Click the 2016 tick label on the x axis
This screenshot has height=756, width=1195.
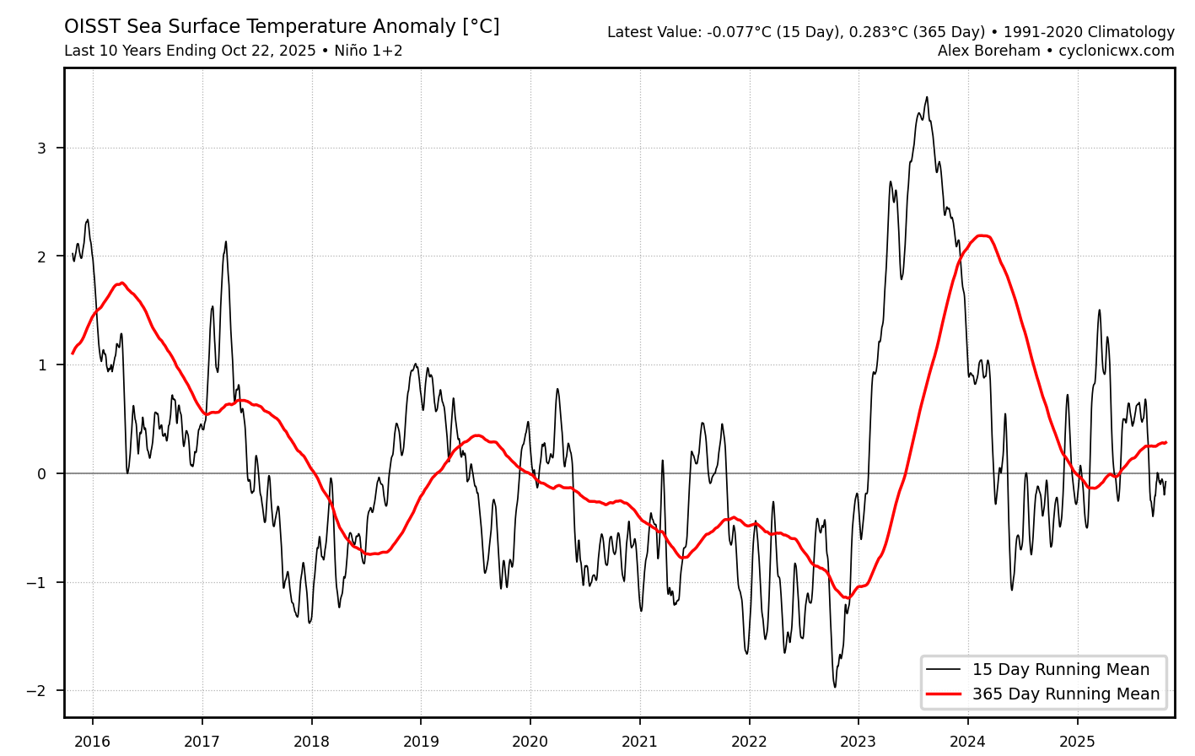[x=92, y=742]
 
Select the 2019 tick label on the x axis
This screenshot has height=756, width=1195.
[x=421, y=742]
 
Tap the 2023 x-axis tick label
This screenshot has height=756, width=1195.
[x=859, y=742]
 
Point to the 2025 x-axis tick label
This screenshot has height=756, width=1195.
[x=1077, y=742]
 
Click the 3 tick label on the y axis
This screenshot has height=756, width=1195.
[x=41, y=148]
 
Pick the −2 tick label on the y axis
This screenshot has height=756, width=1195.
[x=36, y=691]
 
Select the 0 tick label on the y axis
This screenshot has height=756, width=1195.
[x=41, y=474]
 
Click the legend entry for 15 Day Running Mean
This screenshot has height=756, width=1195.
[x=1060, y=670]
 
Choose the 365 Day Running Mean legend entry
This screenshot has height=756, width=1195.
[x=1065, y=694]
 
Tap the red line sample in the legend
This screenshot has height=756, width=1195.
[x=943, y=694]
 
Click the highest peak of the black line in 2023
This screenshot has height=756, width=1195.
[x=927, y=97]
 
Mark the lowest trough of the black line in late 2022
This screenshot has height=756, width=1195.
[x=835, y=687]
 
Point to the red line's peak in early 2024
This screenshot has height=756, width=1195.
[x=982, y=235]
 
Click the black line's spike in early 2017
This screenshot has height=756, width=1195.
[x=226, y=241]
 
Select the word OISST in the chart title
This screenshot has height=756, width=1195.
[x=92, y=27]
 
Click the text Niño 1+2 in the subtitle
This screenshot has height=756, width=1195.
[x=368, y=51]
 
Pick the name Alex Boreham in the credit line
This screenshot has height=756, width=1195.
[x=988, y=51]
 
